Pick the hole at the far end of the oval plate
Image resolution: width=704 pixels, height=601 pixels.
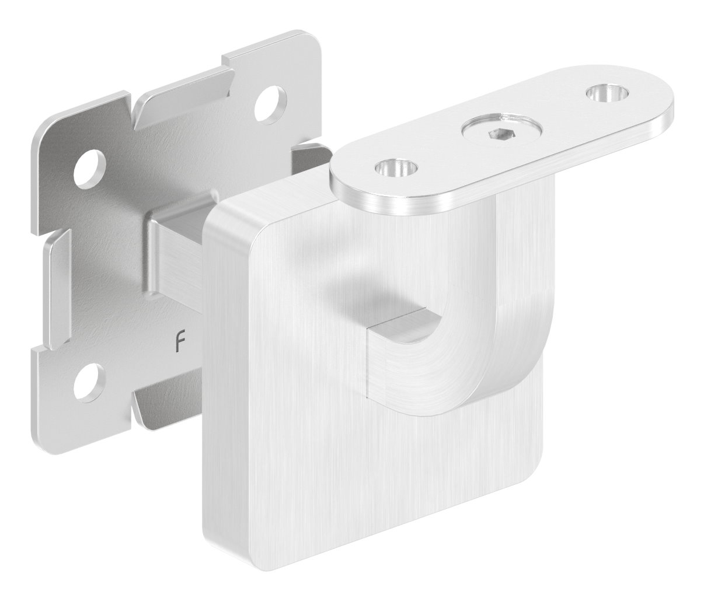point(607,92)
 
